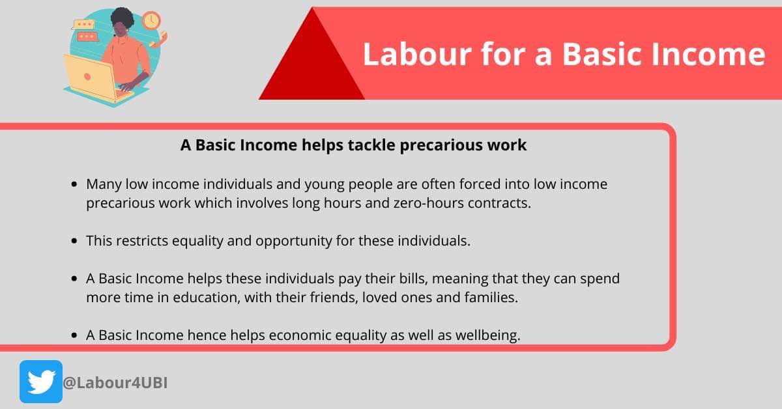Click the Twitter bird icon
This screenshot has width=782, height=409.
41,382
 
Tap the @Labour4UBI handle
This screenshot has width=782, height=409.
115,382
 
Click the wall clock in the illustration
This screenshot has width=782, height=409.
151,20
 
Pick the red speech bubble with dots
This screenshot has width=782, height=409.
86,36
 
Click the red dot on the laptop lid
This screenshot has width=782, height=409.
87,76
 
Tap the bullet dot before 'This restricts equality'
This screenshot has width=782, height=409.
75,240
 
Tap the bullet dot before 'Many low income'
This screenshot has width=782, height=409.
75,184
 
